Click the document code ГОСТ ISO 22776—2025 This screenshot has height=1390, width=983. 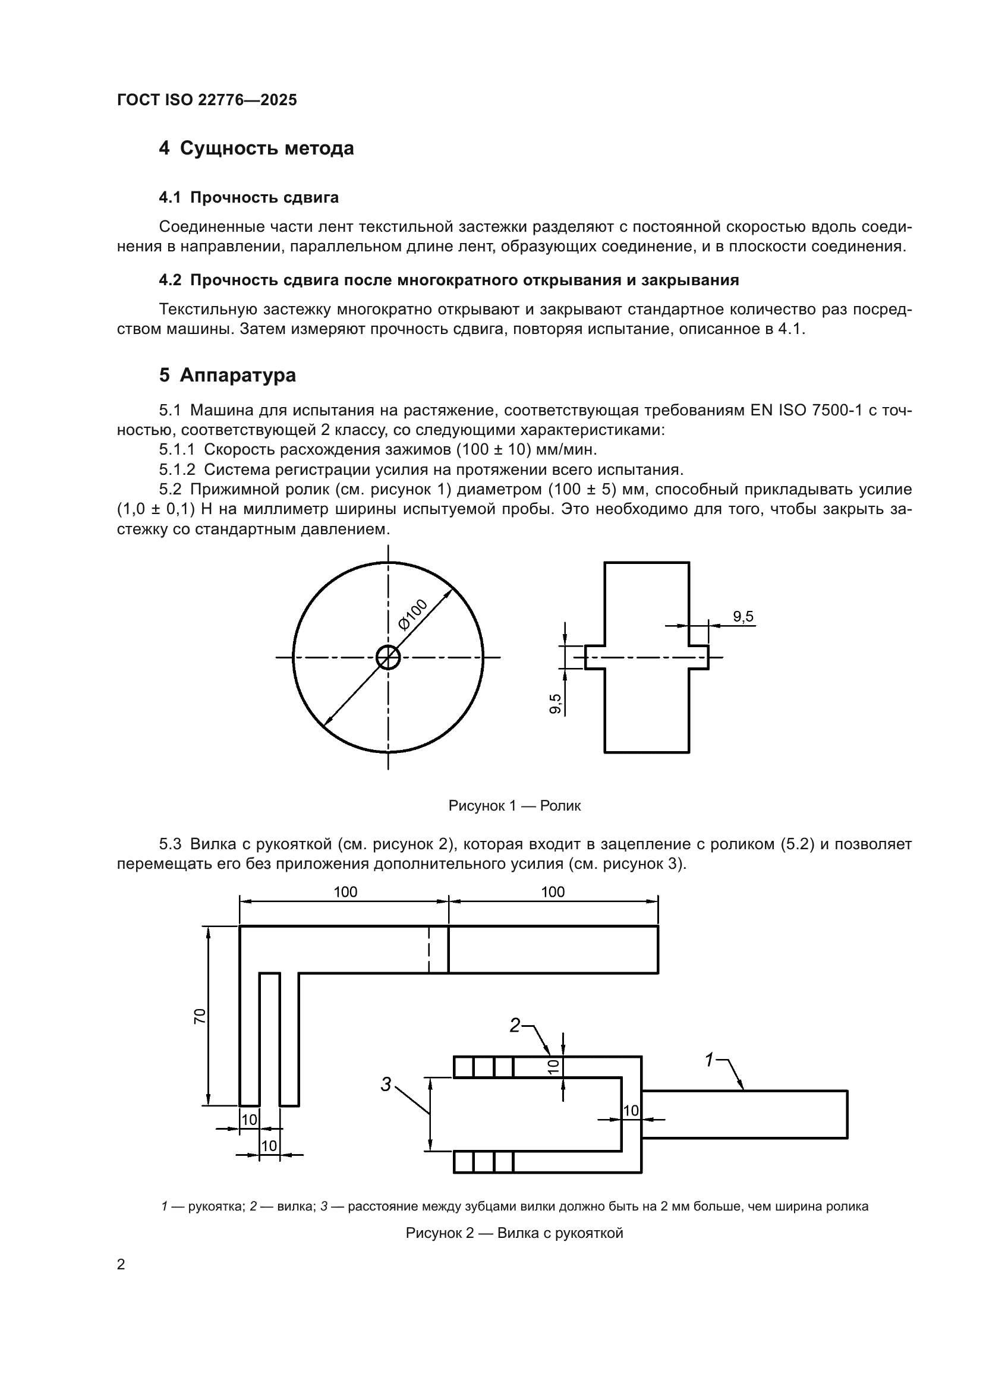tap(207, 100)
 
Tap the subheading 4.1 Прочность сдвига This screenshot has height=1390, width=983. tap(248, 197)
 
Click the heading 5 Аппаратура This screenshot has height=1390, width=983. tap(228, 376)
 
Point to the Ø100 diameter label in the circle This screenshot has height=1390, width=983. tap(413, 614)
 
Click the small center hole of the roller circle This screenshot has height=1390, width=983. tap(388, 657)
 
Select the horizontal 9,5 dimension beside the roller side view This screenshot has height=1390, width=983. tap(743, 617)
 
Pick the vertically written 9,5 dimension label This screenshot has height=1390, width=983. tap(555, 704)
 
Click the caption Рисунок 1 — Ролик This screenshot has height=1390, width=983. tap(515, 806)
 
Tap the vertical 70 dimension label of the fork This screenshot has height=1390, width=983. tap(200, 1016)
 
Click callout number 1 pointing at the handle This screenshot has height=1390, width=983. tap(710, 1060)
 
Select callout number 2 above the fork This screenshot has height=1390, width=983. tap(515, 1025)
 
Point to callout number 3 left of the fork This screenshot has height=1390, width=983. tap(386, 1085)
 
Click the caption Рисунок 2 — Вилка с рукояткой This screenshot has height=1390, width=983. tap(515, 1233)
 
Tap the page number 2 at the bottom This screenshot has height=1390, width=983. tap(121, 1265)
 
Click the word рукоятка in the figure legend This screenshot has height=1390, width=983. tap(216, 1206)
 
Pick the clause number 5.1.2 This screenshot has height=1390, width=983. tap(177, 469)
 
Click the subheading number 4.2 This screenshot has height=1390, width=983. tap(170, 280)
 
